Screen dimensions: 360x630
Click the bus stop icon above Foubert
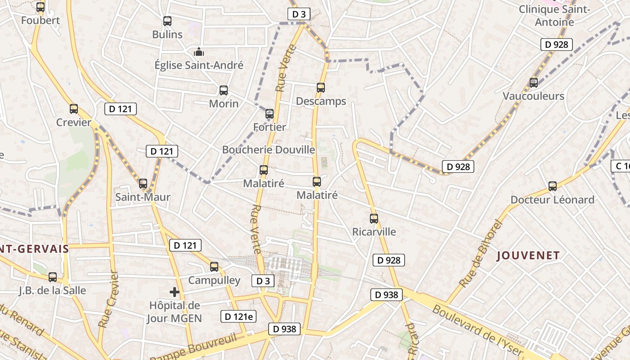click(40, 7)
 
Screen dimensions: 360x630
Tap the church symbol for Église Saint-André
click(198, 52)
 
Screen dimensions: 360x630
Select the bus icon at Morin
click(224, 90)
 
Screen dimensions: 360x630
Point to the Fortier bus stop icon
click(270, 114)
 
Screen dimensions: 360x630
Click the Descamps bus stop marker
click(321, 88)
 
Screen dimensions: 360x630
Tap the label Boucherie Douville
click(269, 149)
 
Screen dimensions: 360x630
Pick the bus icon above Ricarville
click(374, 219)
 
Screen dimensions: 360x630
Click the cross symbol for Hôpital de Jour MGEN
click(175, 292)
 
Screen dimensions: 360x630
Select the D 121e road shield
click(238, 316)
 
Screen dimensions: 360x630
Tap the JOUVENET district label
click(528, 256)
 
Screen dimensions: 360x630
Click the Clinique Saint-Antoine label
click(554, 16)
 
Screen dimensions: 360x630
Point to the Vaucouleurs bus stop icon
click(534, 83)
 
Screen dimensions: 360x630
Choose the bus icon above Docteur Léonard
click(553, 186)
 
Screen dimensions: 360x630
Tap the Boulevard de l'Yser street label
click(478, 331)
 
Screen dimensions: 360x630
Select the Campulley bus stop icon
click(214, 267)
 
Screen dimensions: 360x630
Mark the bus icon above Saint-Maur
click(143, 184)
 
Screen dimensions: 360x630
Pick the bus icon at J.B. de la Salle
click(53, 277)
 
